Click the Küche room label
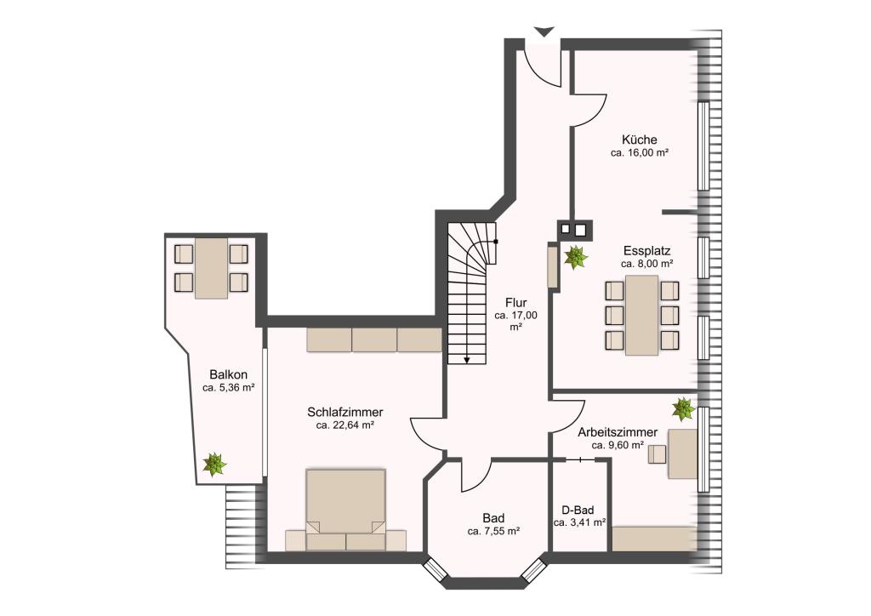click(640, 140)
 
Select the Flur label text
click(516, 303)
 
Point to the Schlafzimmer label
click(345, 412)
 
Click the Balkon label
click(228, 374)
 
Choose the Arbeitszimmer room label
click(618, 432)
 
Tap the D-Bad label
click(578, 510)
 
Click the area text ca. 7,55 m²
click(493, 532)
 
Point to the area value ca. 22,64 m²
click(345, 425)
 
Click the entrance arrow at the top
click(544, 31)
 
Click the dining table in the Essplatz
click(641, 315)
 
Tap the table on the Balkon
click(211, 268)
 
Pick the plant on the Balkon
click(213, 464)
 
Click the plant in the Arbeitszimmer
click(683, 408)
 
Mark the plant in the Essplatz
click(576, 257)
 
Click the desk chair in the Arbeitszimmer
click(658, 453)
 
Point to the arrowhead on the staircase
click(467, 360)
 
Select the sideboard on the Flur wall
click(553, 266)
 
